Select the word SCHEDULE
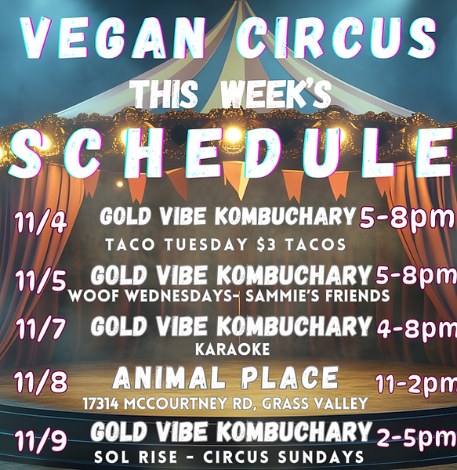coord(228,155)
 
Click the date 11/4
coord(40,222)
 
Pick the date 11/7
coord(40,329)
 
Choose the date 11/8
coord(40,383)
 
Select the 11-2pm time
coord(415,384)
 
